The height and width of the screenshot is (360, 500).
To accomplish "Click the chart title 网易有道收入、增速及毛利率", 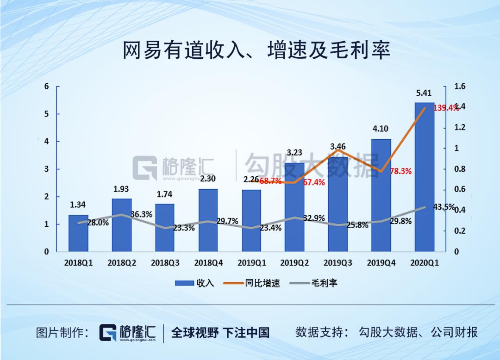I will click(x=256, y=50).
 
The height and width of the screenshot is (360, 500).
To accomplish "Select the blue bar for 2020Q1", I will click(x=424, y=180).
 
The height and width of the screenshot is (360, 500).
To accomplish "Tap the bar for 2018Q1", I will click(x=78, y=234).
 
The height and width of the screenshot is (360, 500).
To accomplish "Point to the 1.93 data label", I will click(x=121, y=189).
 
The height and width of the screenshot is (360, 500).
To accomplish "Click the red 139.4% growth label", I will click(x=445, y=108).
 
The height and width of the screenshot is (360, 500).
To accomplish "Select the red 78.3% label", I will click(x=400, y=171).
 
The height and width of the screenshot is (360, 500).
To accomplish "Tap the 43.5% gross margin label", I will click(x=444, y=207).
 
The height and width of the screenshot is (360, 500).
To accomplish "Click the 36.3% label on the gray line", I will click(x=141, y=215).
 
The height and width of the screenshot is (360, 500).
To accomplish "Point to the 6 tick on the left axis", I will click(x=46, y=87).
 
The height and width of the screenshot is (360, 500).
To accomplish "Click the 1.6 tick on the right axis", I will click(x=460, y=87).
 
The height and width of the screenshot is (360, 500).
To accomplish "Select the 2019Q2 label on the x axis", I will click(x=294, y=263).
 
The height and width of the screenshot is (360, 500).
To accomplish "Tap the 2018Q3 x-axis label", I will click(x=165, y=263).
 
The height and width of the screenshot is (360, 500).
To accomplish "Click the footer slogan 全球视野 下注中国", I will click(x=220, y=332).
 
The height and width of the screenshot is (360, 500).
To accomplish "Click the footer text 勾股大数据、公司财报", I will click(x=418, y=332).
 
